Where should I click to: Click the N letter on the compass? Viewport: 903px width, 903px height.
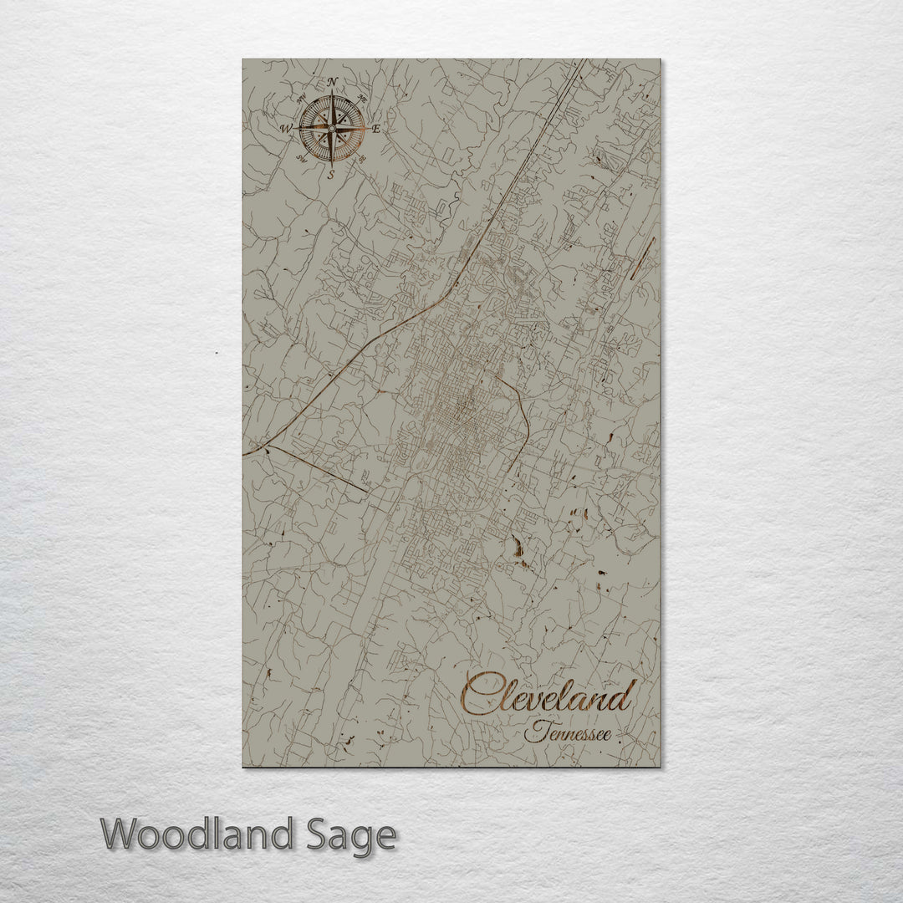pos(333,81)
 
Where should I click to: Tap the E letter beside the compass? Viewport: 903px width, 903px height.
pos(376,129)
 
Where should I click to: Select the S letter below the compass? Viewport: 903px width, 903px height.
pos(331,175)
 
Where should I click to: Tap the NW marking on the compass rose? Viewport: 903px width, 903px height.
pos(302,99)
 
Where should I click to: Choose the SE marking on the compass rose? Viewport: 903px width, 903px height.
pos(362,158)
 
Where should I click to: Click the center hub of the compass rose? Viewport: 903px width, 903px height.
pos(332,129)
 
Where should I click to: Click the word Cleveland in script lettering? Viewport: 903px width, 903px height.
pos(548,696)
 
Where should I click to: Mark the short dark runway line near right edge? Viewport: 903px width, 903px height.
pos(643,258)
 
